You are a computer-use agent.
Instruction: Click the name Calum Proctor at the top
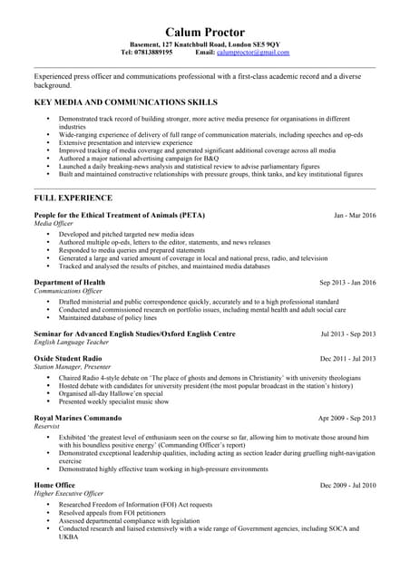(204, 33)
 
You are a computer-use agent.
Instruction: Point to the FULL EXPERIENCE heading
(73, 197)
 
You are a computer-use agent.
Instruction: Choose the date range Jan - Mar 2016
(355, 216)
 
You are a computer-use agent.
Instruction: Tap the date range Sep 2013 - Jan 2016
(347, 283)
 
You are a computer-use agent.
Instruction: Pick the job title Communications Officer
(68, 291)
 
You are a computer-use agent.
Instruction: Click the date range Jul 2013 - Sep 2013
(348, 333)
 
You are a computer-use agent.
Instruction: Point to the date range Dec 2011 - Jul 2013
(347, 359)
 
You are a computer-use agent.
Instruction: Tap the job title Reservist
(50, 426)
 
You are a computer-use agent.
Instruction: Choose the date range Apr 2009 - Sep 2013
(347, 418)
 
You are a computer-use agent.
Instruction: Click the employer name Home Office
(54, 485)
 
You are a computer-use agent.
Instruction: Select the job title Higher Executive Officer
(69, 494)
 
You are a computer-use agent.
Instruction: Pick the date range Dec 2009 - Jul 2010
(347, 486)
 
